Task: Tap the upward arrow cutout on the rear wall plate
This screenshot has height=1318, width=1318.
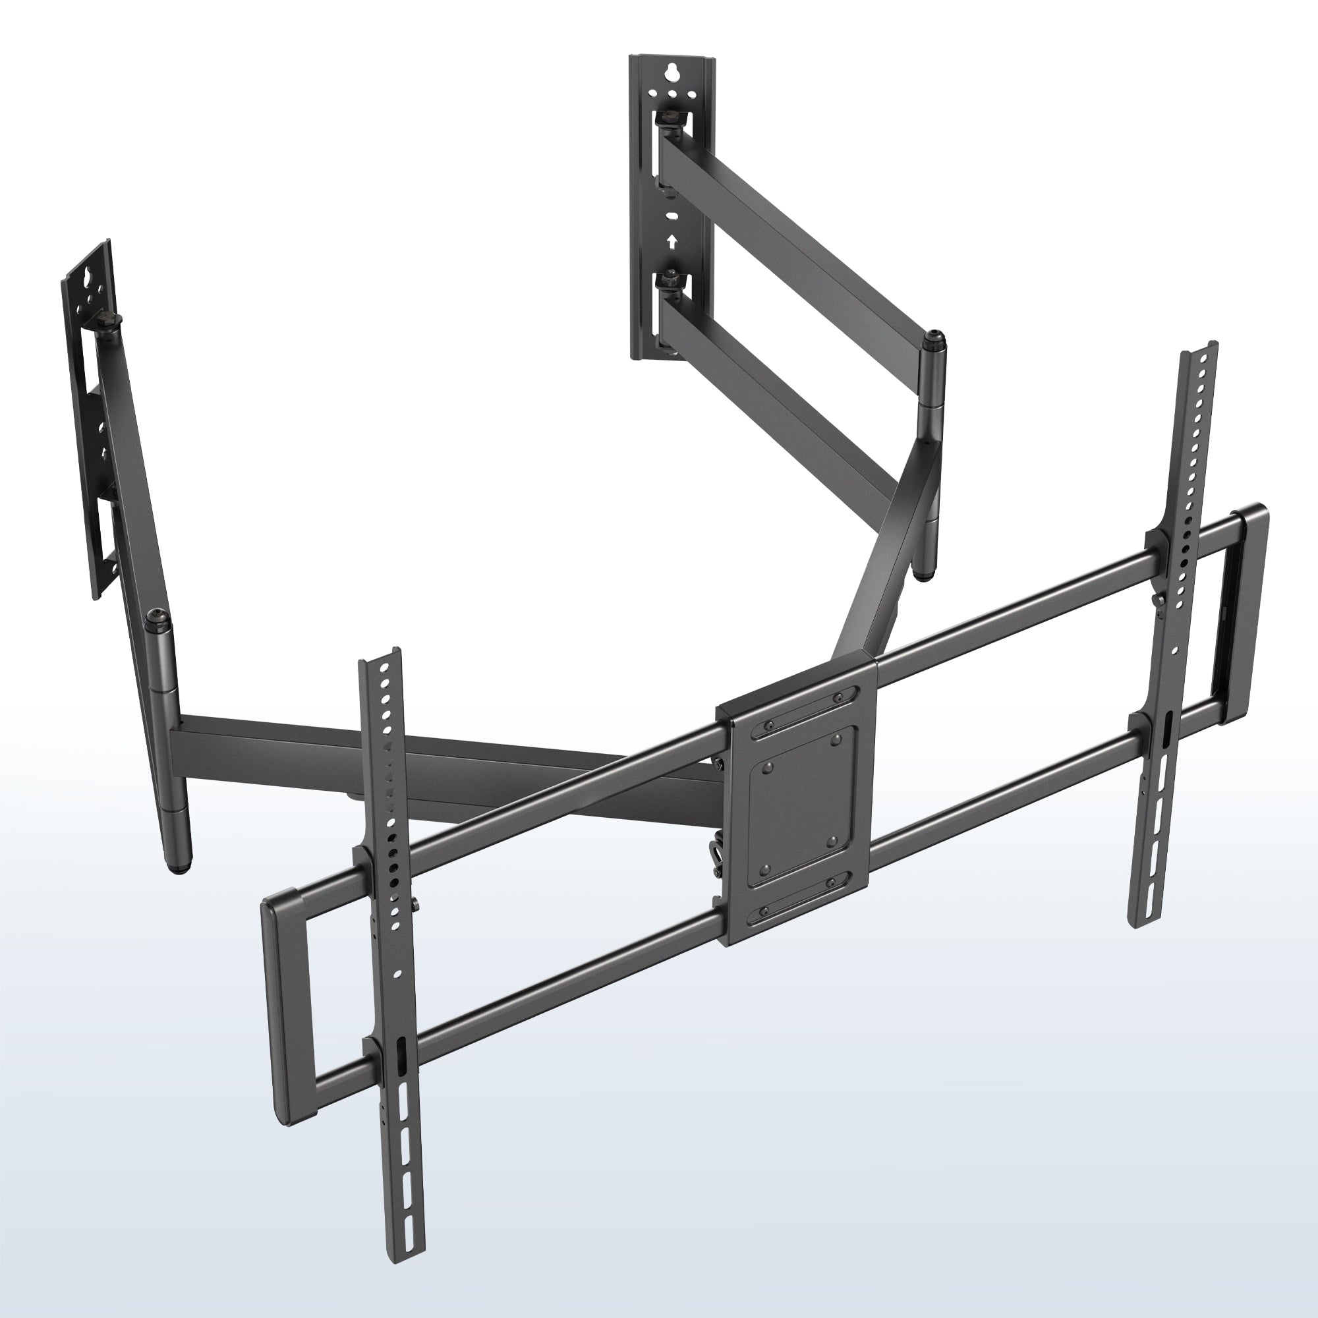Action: pos(672,241)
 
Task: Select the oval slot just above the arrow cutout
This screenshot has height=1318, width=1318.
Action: pos(672,216)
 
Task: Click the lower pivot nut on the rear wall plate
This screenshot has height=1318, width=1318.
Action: pos(671,279)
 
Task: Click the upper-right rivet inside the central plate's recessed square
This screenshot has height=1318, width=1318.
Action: pos(836,739)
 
